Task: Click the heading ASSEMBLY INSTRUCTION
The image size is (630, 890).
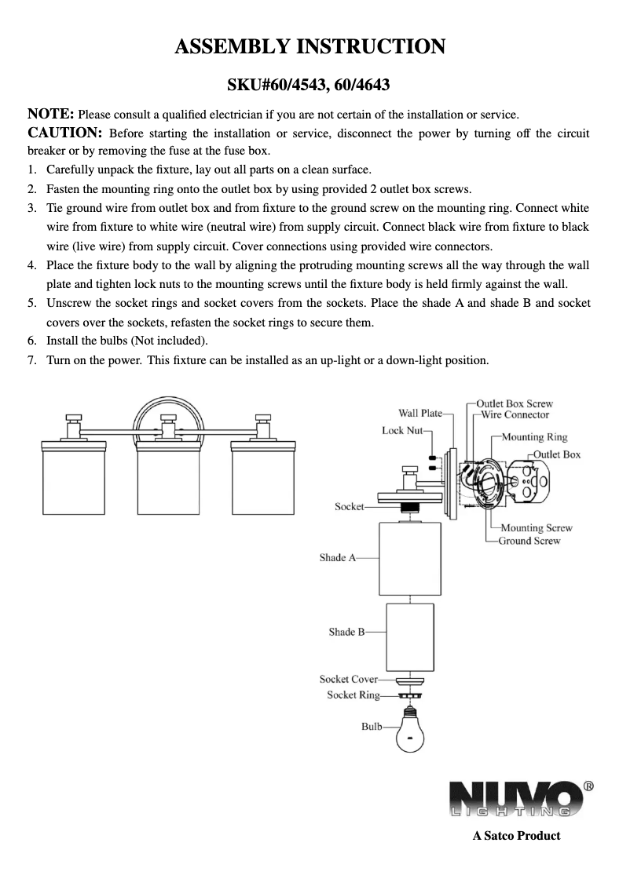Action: [x=310, y=47]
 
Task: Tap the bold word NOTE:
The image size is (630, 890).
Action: [x=51, y=114]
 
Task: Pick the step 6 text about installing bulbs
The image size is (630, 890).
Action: [x=127, y=341]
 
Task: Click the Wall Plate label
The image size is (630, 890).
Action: [x=420, y=413]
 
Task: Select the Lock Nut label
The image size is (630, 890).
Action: [x=402, y=430]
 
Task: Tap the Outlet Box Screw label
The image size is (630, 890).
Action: [x=515, y=403]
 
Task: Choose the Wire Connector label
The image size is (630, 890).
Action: [x=515, y=414]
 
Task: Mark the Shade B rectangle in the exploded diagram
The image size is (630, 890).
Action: [x=411, y=634]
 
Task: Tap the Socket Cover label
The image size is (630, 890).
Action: [x=348, y=679]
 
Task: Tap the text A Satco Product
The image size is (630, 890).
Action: [x=516, y=836]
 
